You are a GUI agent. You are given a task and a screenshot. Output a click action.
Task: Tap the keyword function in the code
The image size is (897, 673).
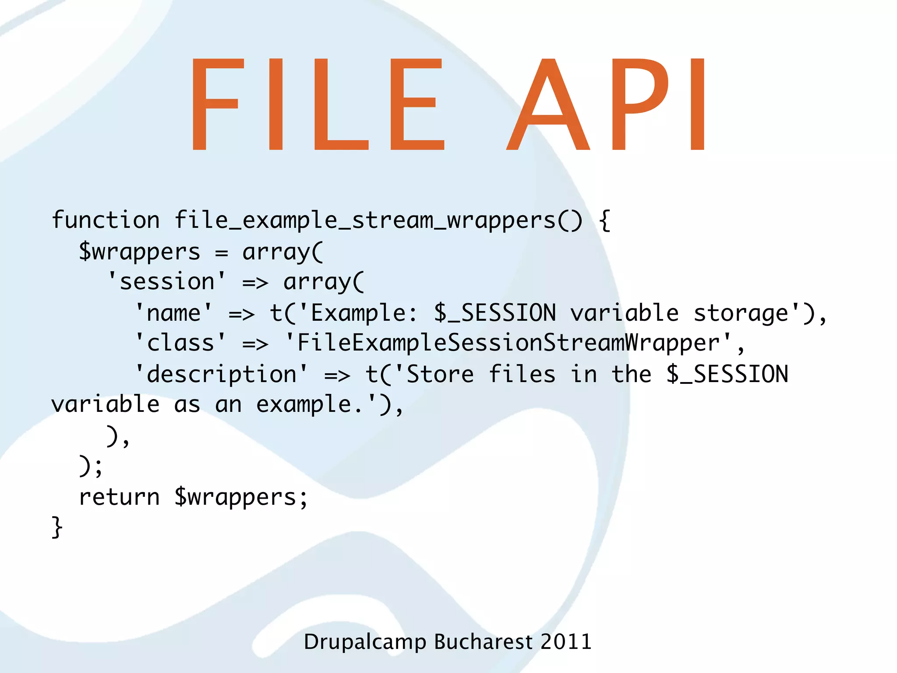pos(106,220)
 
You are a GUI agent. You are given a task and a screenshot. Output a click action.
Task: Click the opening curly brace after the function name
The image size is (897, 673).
pos(604,220)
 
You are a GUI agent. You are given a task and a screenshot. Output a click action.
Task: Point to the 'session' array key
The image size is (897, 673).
pos(166,281)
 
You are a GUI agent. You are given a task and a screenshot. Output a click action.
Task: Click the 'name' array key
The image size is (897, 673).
pos(173,313)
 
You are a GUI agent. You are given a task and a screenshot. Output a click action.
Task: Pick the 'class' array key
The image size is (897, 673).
pos(180,343)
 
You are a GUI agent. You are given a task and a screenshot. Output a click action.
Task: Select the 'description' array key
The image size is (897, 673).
pos(221,374)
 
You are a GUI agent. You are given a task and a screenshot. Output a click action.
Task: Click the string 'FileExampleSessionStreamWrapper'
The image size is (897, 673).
pos(508,343)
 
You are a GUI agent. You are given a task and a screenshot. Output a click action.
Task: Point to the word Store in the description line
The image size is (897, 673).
pos(440,374)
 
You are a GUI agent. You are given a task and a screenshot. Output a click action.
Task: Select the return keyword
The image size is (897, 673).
pos(119,497)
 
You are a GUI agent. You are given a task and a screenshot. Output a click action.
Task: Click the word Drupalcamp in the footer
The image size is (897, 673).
pos(365,642)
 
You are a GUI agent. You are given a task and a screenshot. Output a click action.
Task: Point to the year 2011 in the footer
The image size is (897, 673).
pos(566,641)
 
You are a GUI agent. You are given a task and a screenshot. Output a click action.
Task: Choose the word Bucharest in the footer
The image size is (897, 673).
pos(483,641)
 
